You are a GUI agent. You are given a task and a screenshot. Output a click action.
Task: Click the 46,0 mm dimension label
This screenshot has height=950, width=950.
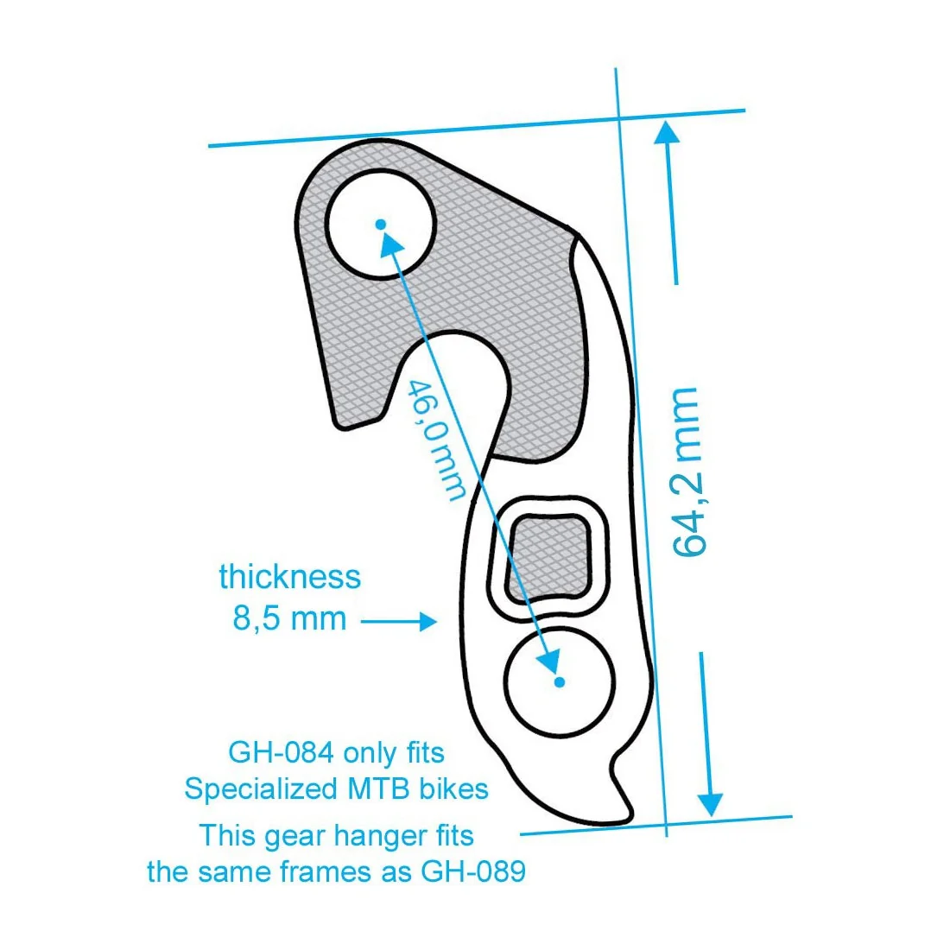click(x=437, y=440)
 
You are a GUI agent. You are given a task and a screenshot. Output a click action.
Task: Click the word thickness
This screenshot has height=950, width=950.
click(x=289, y=577)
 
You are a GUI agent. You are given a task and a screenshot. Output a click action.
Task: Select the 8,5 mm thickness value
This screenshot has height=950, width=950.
click(x=289, y=618)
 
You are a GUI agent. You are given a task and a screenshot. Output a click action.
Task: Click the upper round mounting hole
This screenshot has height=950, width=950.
click(x=381, y=225)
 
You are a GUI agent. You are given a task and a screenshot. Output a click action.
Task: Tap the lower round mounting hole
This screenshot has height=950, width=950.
click(x=560, y=682)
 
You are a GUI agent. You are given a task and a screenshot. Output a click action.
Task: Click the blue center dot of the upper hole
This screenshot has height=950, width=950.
click(x=381, y=225)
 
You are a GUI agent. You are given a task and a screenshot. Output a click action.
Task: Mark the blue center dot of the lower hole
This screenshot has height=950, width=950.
click(x=560, y=682)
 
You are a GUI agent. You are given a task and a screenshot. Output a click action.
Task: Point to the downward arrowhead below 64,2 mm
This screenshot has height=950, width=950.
click(x=709, y=803)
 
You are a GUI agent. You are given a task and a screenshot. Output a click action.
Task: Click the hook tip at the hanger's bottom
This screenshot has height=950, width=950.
click(x=624, y=817)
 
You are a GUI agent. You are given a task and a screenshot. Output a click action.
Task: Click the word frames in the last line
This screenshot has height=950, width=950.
click(x=327, y=871)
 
